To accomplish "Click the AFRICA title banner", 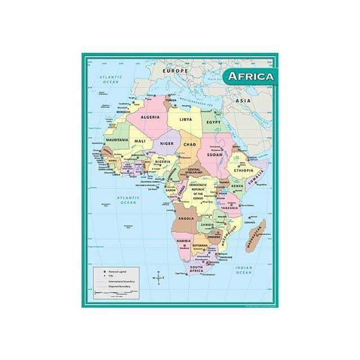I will (250, 76).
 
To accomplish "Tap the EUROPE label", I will (174, 71).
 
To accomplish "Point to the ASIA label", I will (243, 101).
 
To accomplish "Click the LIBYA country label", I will (186, 119).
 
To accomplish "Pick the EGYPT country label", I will (213, 121).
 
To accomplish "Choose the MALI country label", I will (140, 141).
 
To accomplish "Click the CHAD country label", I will (190, 145).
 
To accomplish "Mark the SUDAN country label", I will (214, 154).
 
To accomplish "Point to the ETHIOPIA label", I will (241, 170).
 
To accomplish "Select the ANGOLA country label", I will (186, 218).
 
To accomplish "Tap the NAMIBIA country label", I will (184, 241).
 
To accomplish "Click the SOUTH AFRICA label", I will (196, 269).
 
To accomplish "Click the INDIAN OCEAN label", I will (244, 271).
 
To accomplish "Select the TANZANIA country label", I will (229, 208).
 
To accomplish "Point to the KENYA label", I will (237, 186).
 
